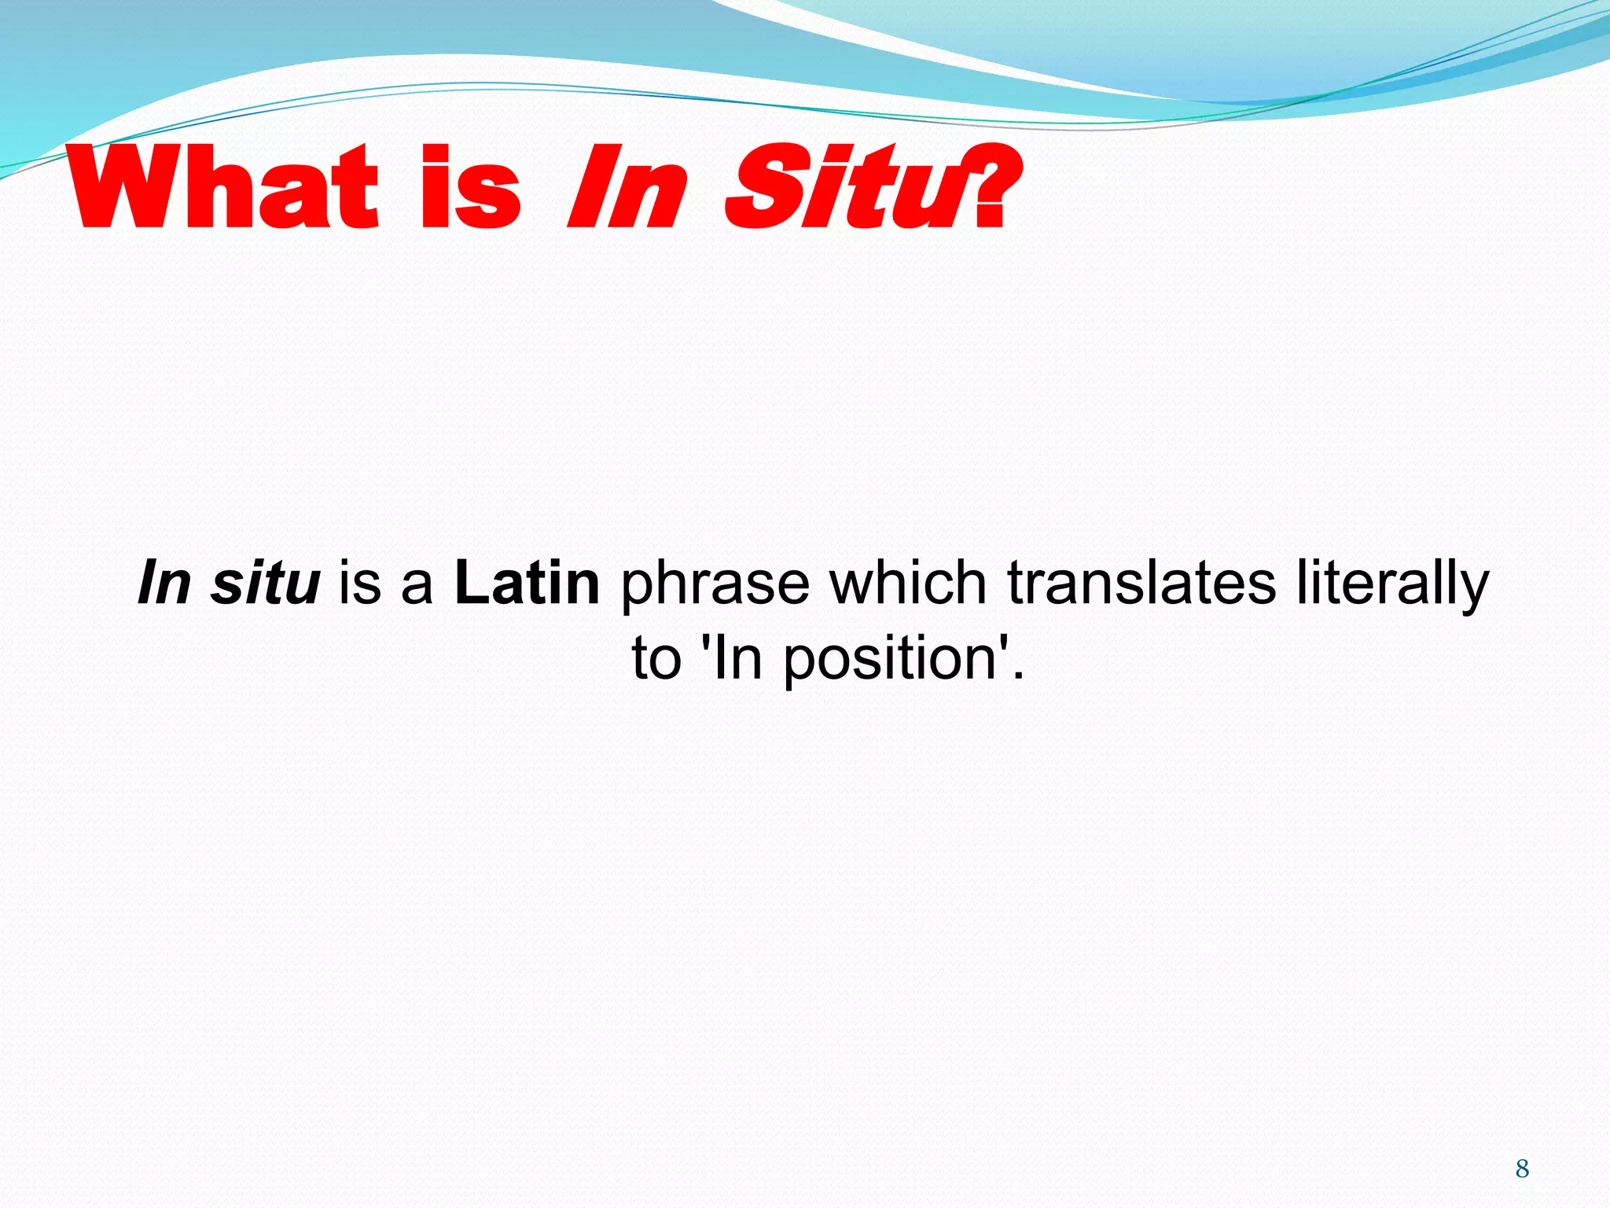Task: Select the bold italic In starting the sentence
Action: pos(164,584)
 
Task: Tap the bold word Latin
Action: pos(527,584)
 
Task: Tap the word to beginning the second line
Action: pos(656,659)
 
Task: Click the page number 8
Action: pos(1522,1169)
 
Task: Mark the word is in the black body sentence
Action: pos(359,584)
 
